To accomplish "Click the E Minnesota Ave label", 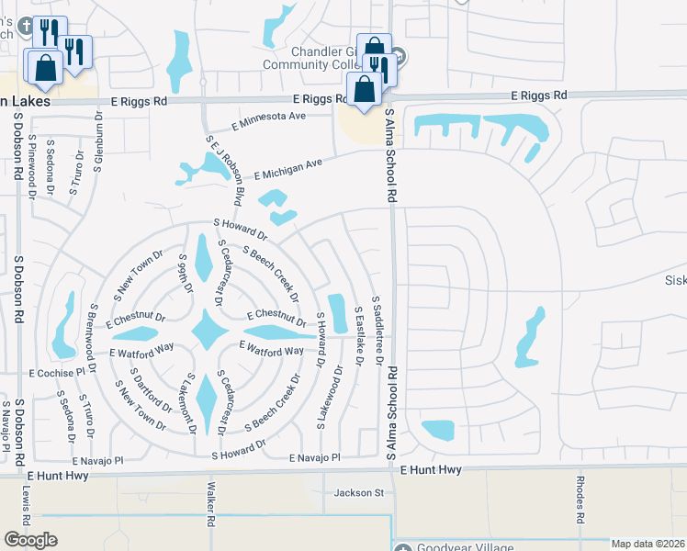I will click(x=268, y=117).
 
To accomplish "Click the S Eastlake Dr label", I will click(x=358, y=340).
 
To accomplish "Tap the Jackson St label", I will click(x=358, y=492).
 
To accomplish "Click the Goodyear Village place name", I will click(x=458, y=547).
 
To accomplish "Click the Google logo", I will click(x=30, y=539).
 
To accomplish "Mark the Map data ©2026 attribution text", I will click(x=648, y=544).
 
